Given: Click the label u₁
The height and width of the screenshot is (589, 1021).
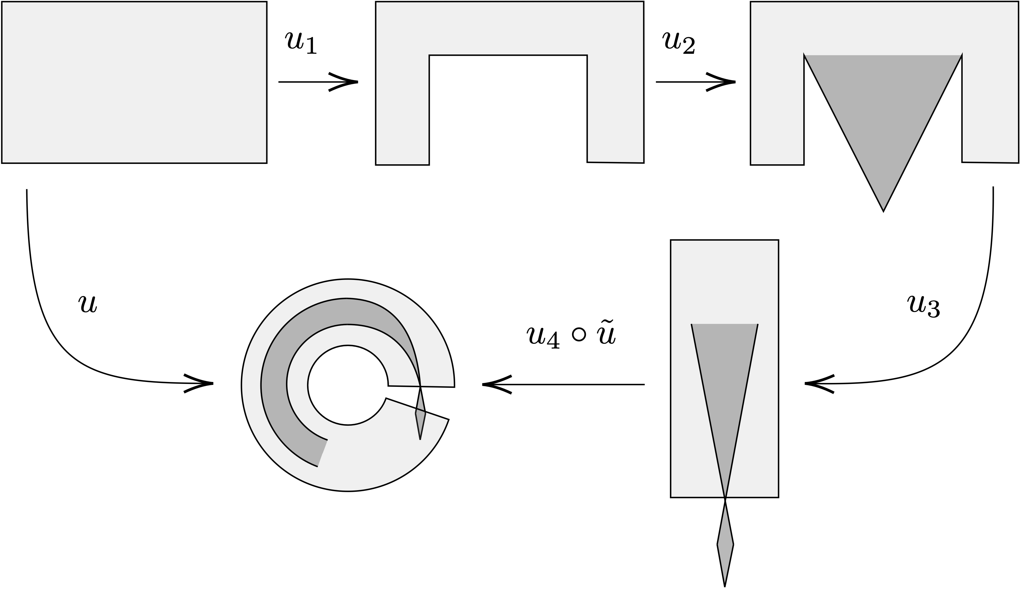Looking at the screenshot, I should click(x=301, y=43).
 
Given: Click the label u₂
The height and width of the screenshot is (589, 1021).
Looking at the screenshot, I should click(x=679, y=43).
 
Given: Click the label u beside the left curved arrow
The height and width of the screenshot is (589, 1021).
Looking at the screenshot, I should click(x=88, y=303).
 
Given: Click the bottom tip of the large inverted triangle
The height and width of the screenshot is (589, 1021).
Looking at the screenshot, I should click(x=883, y=210).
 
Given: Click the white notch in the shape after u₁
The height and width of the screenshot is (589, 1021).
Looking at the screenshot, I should click(x=508, y=109).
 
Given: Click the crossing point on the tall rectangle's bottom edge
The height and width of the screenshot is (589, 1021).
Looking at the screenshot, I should click(x=725, y=498).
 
